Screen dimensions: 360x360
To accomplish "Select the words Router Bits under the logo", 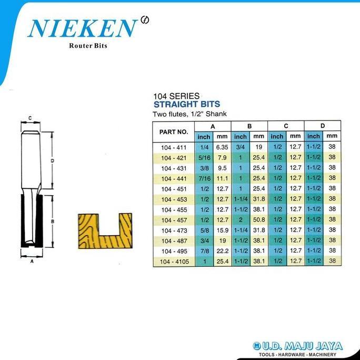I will (88, 46).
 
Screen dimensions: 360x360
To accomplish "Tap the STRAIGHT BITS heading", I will (186, 104).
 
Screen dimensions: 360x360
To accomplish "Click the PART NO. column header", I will (173, 132).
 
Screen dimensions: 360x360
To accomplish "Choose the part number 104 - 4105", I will (173, 261).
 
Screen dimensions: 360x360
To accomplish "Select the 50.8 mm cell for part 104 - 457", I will (258, 220).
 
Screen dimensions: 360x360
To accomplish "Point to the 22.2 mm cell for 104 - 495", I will (222, 251).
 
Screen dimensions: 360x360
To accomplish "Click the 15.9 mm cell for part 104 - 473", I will (222, 231).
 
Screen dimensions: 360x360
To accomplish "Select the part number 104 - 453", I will (173, 199).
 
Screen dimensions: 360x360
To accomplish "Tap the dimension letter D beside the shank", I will (52, 160).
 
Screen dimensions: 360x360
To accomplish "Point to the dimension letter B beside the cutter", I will (52, 222).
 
